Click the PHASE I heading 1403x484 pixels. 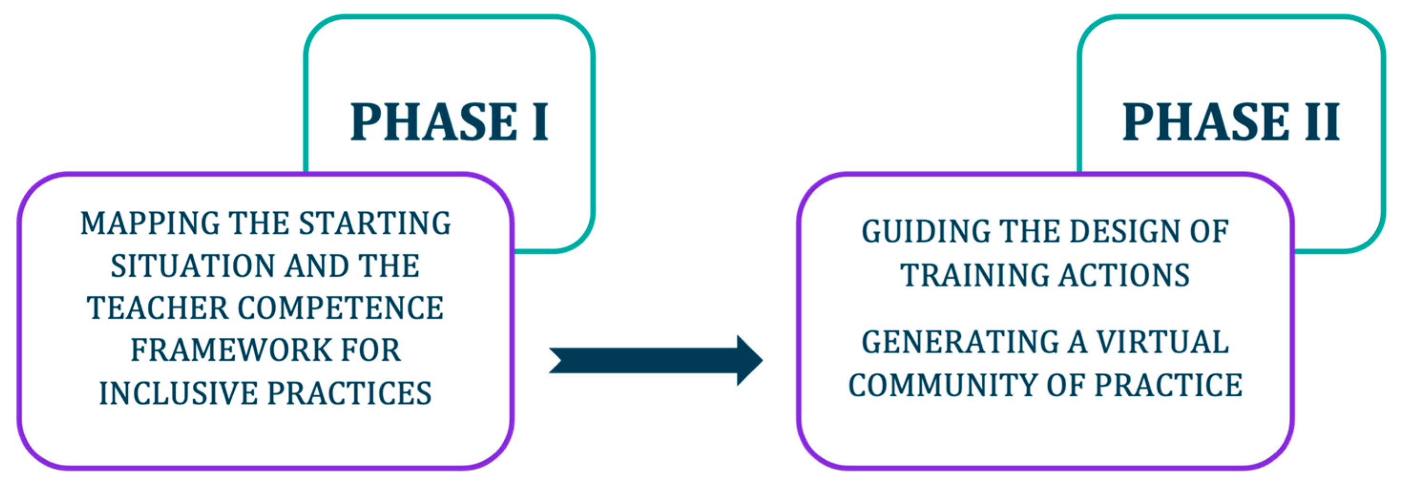coord(449,122)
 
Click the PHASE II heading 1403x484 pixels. coord(1231,122)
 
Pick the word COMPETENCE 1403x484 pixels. coord(341,308)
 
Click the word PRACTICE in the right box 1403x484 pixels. coord(1169,385)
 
